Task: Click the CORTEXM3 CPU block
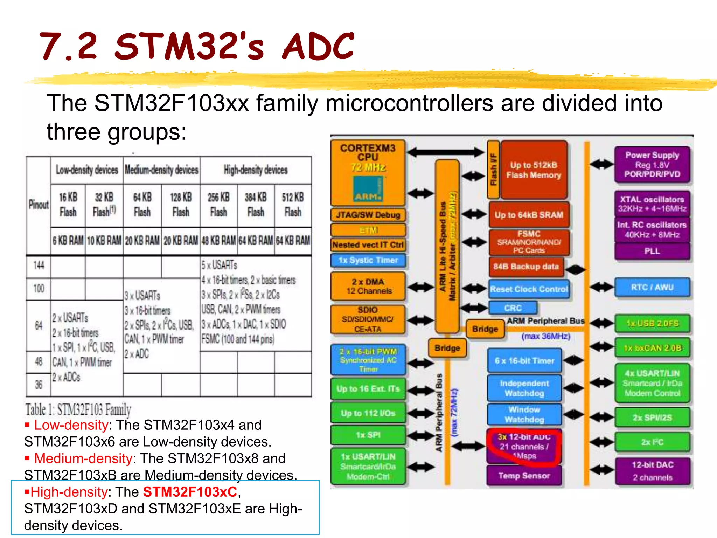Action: (x=368, y=172)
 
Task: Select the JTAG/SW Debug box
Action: (x=368, y=215)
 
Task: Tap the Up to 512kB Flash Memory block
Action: (x=534, y=170)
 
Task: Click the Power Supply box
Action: (x=652, y=165)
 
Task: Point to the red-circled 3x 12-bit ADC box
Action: (x=524, y=447)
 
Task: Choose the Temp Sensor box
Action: (x=524, y=476)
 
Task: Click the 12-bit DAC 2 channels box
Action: (x=653, y=471)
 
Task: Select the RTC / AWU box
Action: (x=652, y=287)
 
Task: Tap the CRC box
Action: (x=513, y=308)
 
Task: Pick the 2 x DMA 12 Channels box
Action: (x=368, y=286)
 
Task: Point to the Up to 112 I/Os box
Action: (x=368, y=413)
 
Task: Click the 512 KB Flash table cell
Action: (x=293, y=205)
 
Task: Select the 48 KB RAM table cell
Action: (x=218, y=241)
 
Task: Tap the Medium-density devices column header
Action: (x=161, y=170)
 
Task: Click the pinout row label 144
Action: (x=39, y=265)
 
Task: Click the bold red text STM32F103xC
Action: (x=190, y=492)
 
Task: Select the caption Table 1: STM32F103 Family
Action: (x=78, y=409)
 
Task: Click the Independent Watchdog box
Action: (x=524, y=388)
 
